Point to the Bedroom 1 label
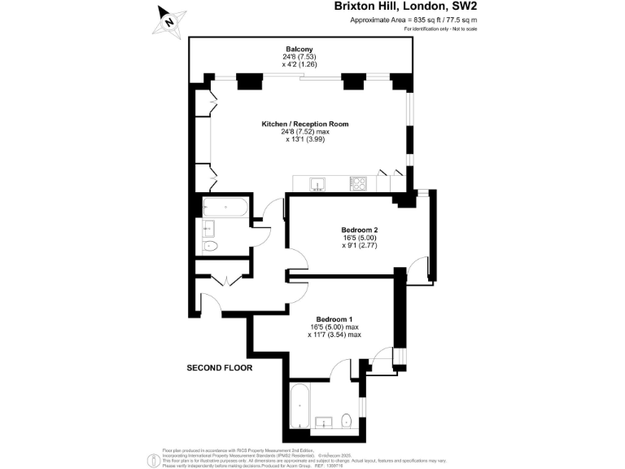click(334, 318)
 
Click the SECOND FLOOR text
click(220, 368)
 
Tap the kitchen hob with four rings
click(358, 184)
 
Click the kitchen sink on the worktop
click(318, 184)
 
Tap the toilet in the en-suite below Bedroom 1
click(347, 420)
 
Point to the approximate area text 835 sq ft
click(413, 20)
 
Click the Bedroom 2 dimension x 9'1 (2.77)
click(359, 245)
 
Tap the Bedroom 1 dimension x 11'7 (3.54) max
click(334, 334)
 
